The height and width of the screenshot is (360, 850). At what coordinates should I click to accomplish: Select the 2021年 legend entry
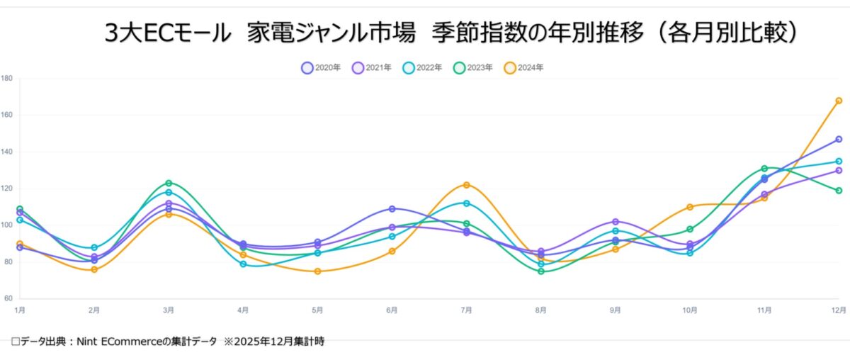point(372,68)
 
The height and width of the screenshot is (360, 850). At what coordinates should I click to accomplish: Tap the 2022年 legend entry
point(423,68)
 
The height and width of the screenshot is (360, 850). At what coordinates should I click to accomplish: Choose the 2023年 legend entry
point(473,68)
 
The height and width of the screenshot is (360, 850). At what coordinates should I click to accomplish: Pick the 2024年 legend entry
point(524,68)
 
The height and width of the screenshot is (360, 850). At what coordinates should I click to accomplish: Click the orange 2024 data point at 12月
point(839,101)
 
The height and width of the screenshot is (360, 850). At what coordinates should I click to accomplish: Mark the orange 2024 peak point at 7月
point(466,185)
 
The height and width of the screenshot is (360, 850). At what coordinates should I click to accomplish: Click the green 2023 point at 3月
point(169,184)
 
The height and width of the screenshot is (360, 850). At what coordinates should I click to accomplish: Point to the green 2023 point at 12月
point(839,191)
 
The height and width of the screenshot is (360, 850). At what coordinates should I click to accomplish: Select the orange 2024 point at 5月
point(317,271)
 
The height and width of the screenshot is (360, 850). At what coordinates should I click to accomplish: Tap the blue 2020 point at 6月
point(392,209)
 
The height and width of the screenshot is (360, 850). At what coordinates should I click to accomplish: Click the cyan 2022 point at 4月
point(243,264)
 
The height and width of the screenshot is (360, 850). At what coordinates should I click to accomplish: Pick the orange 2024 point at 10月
point(690,207)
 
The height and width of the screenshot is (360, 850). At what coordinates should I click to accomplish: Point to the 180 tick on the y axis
point(7,78)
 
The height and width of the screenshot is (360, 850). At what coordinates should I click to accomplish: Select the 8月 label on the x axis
point(541,310)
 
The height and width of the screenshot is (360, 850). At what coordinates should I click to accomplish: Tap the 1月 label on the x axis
point(20,310)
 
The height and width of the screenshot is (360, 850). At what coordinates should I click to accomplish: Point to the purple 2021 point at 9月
point(616,222)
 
